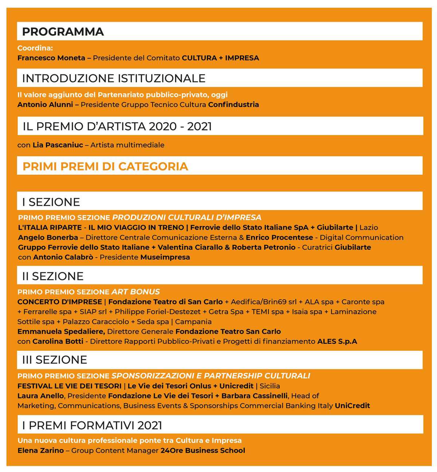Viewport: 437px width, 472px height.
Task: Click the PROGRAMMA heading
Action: [63, 32]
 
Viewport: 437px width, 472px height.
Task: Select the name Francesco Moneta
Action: [51, 58]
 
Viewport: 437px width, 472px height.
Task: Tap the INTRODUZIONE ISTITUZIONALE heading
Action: [114, 78]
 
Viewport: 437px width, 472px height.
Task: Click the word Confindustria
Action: [233, 105]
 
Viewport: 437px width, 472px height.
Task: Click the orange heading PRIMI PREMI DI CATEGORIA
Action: [105, 167]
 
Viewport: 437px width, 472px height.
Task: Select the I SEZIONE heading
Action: [51, 202]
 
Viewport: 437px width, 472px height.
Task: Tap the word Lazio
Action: [369, 227]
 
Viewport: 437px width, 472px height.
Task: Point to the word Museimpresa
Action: [165, 257]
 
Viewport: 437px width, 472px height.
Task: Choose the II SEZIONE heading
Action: [53, 276]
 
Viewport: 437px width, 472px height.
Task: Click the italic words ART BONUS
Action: [135, 292]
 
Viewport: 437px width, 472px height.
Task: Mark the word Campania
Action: [193, 322]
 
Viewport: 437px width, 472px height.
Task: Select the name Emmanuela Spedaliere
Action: [61, 332]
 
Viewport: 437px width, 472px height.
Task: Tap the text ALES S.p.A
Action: [337, 342]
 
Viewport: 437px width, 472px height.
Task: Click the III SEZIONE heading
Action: [55, 360]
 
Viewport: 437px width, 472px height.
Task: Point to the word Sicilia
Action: [270, 386]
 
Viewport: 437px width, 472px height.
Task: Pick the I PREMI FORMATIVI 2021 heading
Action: [92, 425]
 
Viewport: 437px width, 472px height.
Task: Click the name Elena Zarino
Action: [40, 450]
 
